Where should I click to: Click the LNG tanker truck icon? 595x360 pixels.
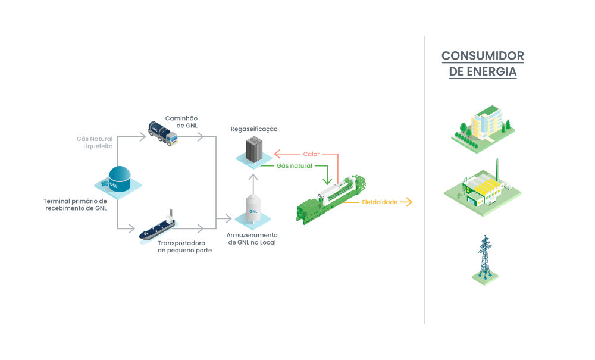click(x=163, y=133)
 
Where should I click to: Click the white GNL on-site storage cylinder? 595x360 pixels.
click(x=254, y=211)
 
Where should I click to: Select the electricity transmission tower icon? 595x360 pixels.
click(x=485, y=257)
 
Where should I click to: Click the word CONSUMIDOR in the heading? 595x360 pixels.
click(x=483, y=56)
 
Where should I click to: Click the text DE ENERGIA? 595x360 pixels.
click(x=483, y=72)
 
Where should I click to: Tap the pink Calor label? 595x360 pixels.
click(x=311, y=154)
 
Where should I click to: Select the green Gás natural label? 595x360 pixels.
click(x=294, y=165)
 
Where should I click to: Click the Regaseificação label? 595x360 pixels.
click(x=254, y=129)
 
